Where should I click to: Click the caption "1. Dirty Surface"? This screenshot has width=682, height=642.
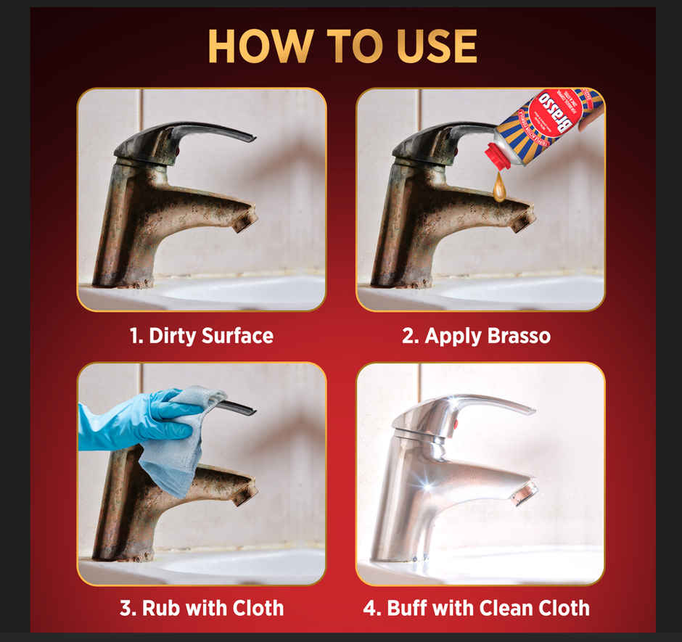[201, 336]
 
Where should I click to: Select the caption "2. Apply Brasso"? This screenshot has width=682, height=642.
[476, 336]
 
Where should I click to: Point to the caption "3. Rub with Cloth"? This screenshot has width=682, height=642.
[201, 607]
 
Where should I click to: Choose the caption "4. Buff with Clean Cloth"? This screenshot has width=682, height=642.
[476, 607]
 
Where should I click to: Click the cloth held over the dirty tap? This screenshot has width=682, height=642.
[174, 443]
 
